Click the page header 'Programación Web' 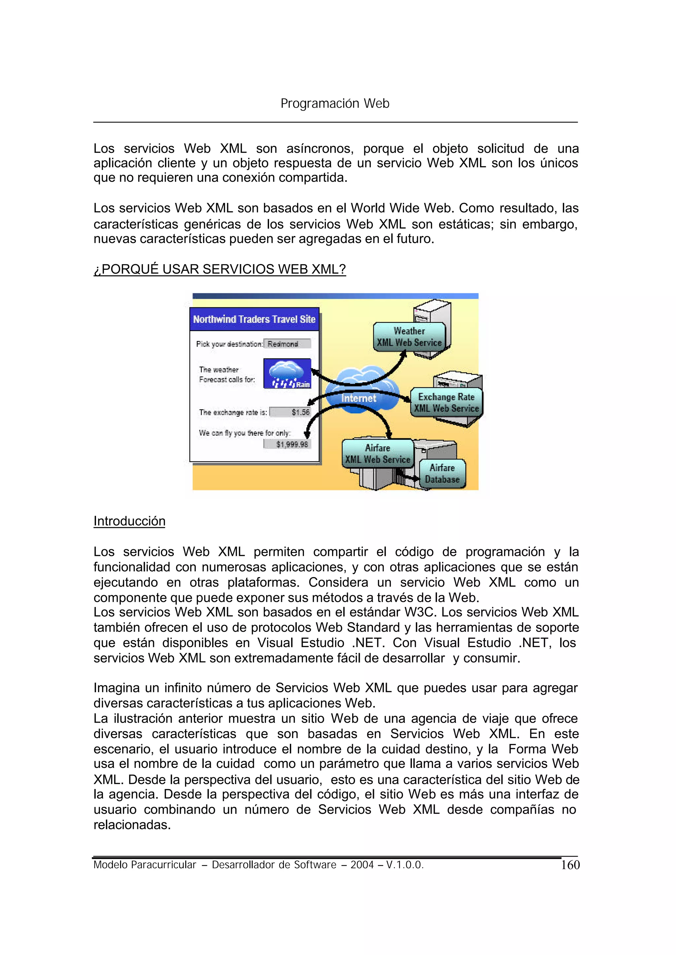coord(335,103)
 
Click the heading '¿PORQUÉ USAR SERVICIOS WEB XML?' coord(220,269)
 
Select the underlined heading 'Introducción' coord(129,521)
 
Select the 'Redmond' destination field coord(287,344)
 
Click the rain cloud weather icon coord(287,373)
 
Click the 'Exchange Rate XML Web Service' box coord(446,402)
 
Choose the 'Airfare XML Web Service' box coord(377,454)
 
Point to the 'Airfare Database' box coord(442,474)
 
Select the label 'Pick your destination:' coord(229,344)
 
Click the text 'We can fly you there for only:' coord(244,433)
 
